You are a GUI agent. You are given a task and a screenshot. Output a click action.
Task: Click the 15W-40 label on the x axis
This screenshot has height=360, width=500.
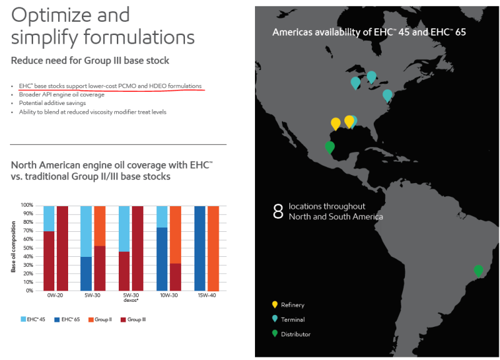206,296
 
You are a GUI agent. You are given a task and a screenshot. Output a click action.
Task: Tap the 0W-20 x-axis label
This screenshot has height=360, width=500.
56,296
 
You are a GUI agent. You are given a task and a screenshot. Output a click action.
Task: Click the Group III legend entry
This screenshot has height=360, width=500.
134,319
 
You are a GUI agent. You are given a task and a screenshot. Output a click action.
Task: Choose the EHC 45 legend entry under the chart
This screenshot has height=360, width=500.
34,319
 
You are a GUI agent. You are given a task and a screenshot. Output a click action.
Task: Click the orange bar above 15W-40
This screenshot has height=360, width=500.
212,247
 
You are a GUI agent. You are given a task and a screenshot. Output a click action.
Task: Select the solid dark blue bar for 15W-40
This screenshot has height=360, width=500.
200,247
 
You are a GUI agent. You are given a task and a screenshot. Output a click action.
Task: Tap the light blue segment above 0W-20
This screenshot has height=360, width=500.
49,218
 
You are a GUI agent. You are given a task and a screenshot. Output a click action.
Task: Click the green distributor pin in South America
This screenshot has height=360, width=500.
478,271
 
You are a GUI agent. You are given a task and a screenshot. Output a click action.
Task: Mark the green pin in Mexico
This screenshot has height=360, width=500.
330,147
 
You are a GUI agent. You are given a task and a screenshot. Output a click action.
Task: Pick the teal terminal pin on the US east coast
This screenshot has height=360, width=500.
387,95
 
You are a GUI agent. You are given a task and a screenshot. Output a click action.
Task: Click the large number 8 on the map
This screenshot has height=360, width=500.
278,211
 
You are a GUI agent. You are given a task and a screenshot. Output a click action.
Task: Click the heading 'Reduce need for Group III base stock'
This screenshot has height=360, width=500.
90,61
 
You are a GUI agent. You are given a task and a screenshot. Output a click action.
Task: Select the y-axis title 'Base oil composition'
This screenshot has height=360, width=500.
14,247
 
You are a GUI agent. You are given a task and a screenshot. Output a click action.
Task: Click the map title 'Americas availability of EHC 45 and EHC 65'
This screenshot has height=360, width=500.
369,32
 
